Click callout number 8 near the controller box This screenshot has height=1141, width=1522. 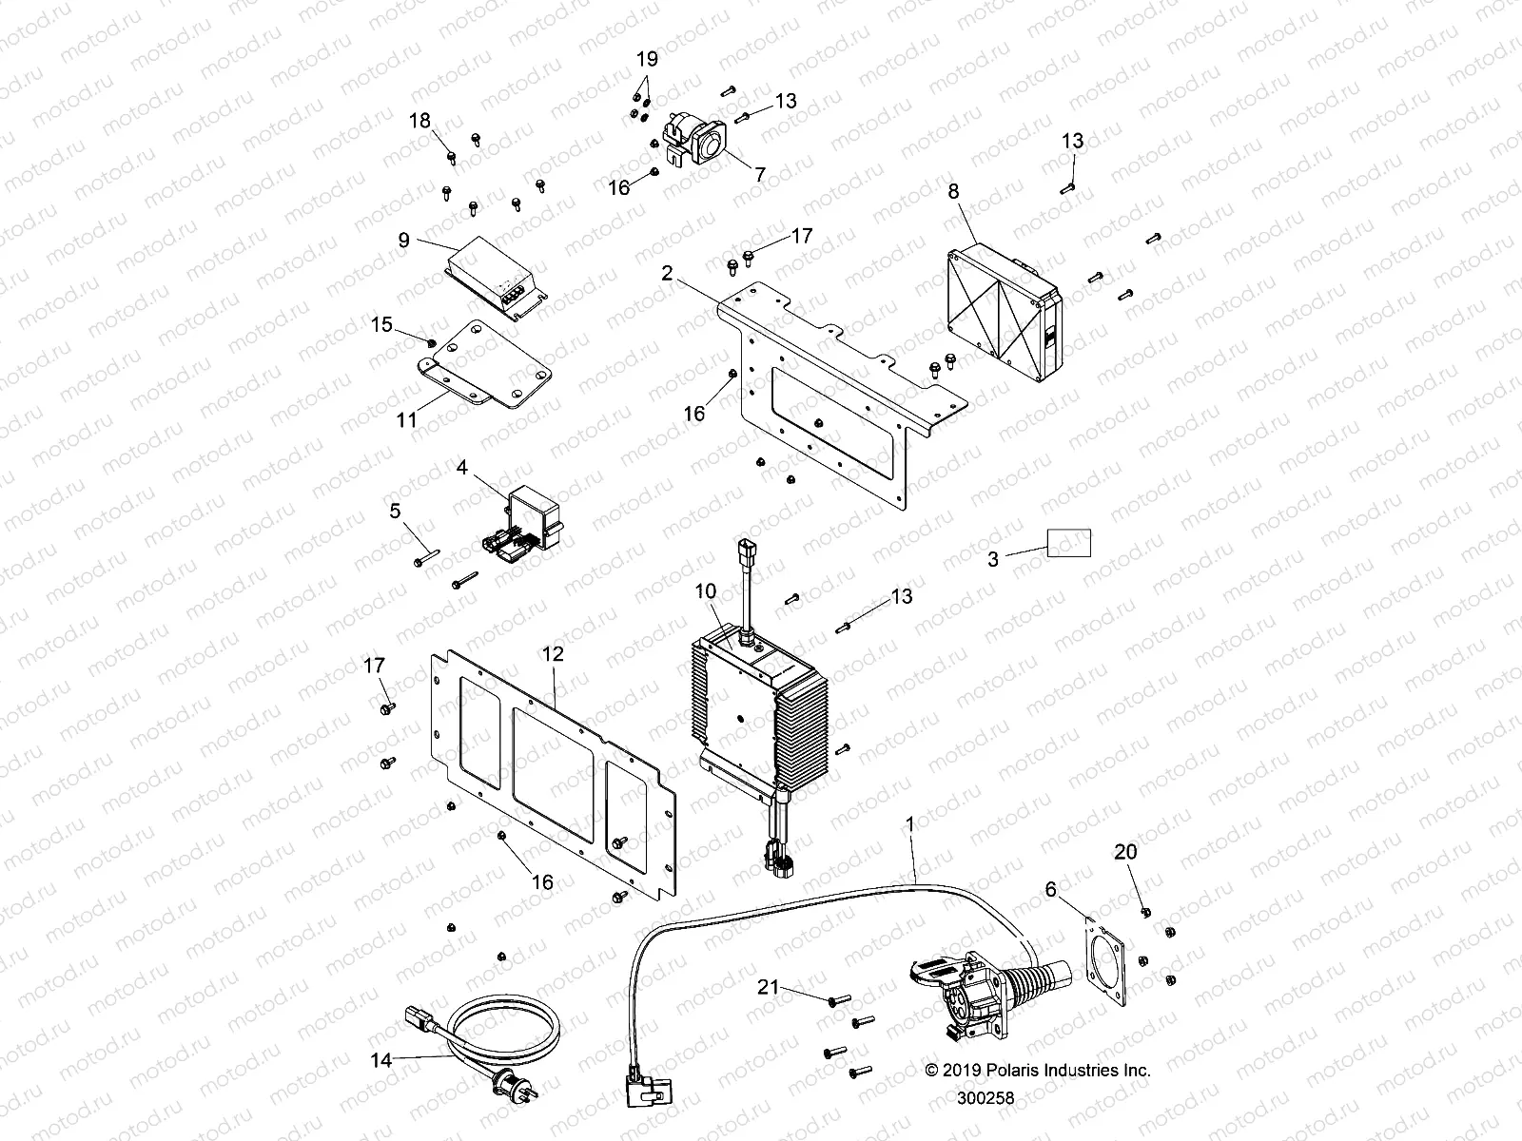coord(953,191)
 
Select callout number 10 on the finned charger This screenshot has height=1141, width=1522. coord(705,591)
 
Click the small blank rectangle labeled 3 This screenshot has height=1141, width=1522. coord(1069,543)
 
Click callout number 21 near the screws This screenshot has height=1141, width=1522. coord(768,988)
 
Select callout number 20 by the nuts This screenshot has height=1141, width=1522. coord(1125,852)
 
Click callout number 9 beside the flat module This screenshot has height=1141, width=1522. coord(404,241)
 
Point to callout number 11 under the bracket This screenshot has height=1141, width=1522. coord(407,419)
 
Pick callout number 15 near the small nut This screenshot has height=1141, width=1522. coord(381,325)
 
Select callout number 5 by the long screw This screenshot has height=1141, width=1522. coord(396,512)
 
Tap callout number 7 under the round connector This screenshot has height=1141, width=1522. coord(759,174)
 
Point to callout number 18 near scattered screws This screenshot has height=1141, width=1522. coord(420,121)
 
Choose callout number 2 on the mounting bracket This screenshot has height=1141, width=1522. coord(668,274)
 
